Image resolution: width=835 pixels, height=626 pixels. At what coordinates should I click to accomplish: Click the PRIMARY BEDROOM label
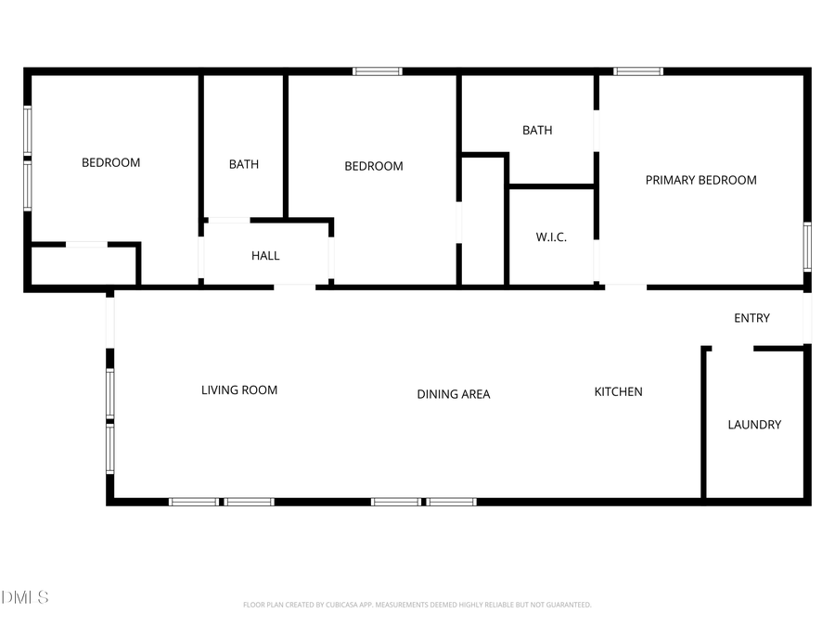click(x=700, y=180)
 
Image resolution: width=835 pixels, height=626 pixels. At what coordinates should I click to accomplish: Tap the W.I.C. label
click(x=551, y=237)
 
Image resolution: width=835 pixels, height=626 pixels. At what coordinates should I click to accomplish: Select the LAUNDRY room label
click(x=753, y=425)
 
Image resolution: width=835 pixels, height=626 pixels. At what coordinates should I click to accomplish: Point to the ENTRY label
click(x=751, y=318)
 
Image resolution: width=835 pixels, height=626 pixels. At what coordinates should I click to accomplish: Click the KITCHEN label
click(x=618, y=391)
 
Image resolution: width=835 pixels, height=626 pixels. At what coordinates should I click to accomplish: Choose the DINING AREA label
click(x=453, y=394)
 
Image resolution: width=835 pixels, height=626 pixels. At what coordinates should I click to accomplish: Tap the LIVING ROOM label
click(x=239, y=390)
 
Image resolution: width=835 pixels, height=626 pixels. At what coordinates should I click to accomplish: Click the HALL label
click(x=265, y=256)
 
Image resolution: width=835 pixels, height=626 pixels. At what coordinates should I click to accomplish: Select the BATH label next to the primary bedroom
click(x=537, y=131)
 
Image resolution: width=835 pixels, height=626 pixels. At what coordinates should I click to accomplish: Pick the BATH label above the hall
click(x=244, y=164)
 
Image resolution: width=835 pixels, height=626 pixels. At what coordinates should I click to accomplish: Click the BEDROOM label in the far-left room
click(x=110, y=162)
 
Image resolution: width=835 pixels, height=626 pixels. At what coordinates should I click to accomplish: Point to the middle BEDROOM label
click(x=373, y=166)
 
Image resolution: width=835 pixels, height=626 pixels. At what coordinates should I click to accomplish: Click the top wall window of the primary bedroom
click(x=638, y=70)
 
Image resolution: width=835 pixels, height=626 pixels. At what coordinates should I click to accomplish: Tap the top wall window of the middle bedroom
click(x=378, y=70)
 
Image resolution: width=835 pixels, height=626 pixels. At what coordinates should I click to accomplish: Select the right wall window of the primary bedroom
click(x=807, y=247)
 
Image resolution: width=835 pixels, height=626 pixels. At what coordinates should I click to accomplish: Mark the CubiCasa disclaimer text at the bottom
click(x=417, y=605)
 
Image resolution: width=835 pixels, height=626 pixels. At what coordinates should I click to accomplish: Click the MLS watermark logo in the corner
click(x=25, y=597)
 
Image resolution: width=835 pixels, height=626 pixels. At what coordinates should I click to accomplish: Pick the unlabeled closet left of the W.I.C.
click(x=482, y=223)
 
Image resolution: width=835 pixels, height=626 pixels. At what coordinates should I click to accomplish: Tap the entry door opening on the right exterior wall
click(x=807, y=317)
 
